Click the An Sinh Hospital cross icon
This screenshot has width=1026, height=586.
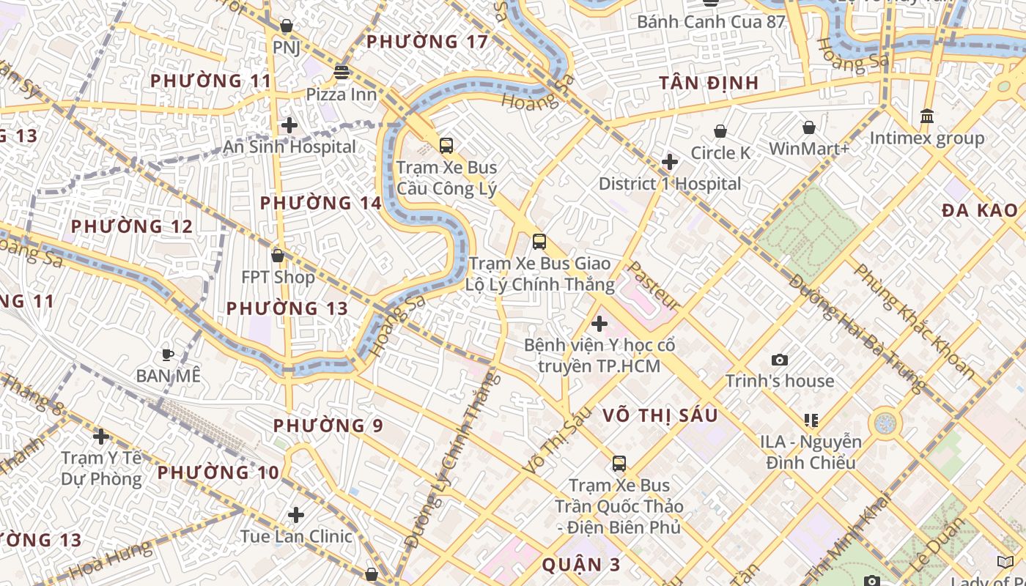(x=289, y=125)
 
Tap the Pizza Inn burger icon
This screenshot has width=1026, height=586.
(x=342, y=73)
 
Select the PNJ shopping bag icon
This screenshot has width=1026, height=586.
(x=287, y=26)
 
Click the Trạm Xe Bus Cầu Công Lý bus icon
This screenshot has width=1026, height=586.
(x=446, y=145)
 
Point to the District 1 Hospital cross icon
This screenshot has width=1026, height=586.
(x=670, y=162)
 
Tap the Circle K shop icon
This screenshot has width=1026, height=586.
(x=720, y=131)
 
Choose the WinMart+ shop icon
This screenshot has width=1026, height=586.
(x=809, y=127)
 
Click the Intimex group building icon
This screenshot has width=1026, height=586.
(x=927, y=116)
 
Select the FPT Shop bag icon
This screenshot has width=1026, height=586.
(x=278, y=256)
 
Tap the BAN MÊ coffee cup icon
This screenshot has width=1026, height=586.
(x=168, y=355)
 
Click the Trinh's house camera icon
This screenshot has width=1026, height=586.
(x=780, y=360)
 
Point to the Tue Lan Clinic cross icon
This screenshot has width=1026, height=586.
(x=296, y=515)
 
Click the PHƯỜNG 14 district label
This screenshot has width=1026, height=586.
(x=321, y=203)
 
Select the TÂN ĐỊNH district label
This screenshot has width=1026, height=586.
(x=709, y=83)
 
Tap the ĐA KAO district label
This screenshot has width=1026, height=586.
(x=979, y=211)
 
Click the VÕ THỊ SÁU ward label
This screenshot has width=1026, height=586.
(x=660, y=415)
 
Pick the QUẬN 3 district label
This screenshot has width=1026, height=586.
(x=581, y=564)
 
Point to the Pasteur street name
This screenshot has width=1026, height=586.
(x=654, y=285)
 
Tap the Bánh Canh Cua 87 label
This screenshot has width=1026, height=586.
(x=711, y=21)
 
